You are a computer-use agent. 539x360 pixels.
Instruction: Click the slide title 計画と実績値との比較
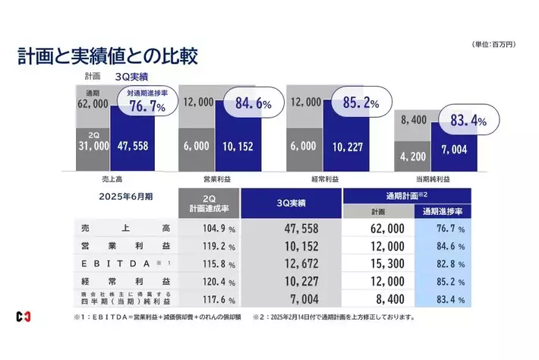107,57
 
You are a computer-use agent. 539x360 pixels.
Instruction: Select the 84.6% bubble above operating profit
244,102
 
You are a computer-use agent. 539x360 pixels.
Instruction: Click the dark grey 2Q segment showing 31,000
93,147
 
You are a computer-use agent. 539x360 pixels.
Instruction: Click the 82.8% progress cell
443,264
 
